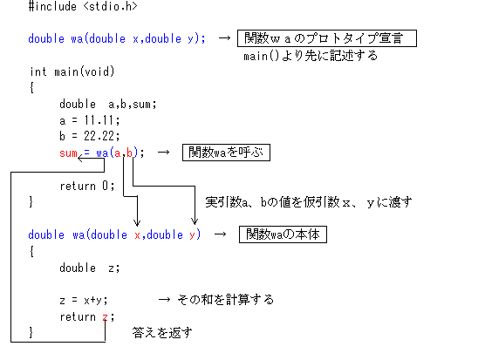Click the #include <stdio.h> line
coord(83,6)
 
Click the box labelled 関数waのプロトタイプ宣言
coord(327,38)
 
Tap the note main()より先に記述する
coord(311,56)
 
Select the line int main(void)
coord(72,71)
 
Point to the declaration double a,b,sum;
coord(108,104)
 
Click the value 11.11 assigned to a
coord(99,120)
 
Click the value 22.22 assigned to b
coord(99,136)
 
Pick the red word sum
coord(68,153)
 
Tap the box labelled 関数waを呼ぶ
coord(226,153)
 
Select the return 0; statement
coord(87,186)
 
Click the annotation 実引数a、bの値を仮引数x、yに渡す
coord(309,202)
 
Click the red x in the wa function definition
coord(137,235)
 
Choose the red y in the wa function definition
coord(193,235)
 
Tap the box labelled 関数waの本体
coord(283,234)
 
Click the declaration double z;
coord(89,268)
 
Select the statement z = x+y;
coord(84,300)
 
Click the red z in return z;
coord(106,317)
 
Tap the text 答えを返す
coord(162,333)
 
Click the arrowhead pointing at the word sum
coord(79,159)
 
